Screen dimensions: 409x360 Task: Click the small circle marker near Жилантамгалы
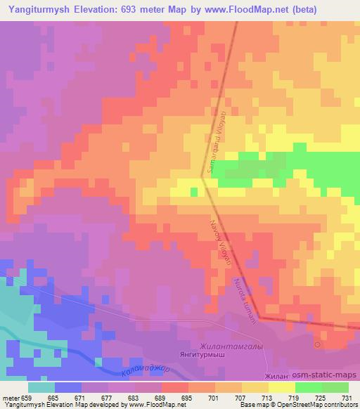(x=317, y=345)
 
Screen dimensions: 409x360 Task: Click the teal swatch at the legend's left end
(x=41, y=387)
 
